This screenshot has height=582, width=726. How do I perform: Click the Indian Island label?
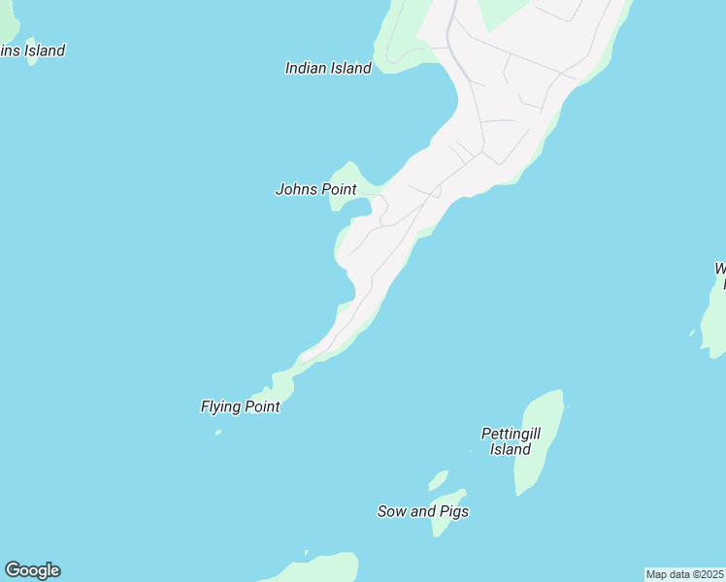click(x=328, y=68)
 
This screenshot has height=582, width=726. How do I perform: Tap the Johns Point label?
click(x=316, y=189)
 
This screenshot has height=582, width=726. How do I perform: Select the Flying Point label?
click(x=241, y=406)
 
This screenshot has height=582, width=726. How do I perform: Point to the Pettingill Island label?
click(x=511, y=441)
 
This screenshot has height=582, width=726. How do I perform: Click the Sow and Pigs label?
click(x=423, y=511)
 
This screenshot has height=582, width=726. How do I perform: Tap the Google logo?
click(x=32, y=570)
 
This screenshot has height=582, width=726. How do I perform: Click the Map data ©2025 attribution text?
click(x=685, y=574)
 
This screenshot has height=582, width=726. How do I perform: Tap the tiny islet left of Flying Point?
click(x=217, y=433)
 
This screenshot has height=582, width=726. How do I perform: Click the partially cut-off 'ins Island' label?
click(x=32, y=50)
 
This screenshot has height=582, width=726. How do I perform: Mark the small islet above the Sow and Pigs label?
click(x=439, y=480)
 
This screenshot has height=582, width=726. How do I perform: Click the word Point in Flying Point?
click(x=261, y=406)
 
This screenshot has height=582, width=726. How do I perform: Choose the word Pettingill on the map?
click(x=511, y=434)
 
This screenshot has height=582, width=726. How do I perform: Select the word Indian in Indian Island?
click(x=306, y=68)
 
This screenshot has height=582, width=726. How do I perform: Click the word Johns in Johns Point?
click(x=296, y=189)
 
